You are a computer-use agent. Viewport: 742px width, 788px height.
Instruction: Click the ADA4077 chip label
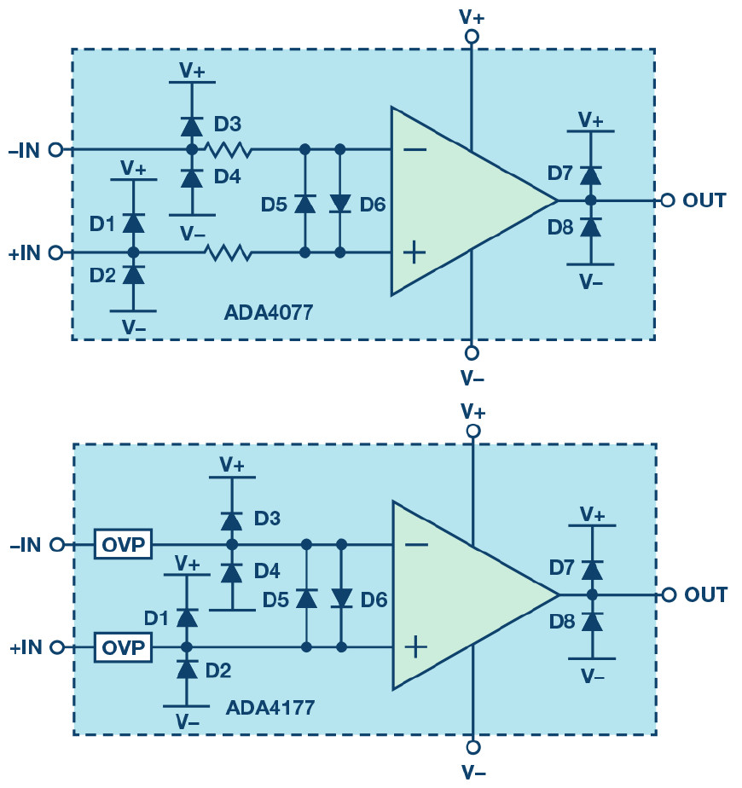269,313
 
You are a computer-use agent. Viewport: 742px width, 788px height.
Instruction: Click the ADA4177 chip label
270,708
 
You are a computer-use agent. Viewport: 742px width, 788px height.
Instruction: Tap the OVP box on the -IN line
123,544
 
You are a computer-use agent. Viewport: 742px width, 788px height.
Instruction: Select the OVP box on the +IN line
123,647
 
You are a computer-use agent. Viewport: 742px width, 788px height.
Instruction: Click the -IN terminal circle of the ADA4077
55,150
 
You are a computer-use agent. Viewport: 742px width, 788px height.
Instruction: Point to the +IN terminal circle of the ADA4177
58,647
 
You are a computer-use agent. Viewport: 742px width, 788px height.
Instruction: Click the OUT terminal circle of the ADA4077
667,200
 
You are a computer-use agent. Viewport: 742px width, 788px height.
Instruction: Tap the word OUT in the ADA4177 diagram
706,595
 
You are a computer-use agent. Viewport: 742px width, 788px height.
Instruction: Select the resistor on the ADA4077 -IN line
227,150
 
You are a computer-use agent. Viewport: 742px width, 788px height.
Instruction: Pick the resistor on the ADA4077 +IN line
227,252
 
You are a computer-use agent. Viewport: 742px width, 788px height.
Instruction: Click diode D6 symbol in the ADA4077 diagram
340,204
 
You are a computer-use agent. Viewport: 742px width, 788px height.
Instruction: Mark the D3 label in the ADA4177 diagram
267,519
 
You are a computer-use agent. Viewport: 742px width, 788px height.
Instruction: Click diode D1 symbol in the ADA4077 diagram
133,223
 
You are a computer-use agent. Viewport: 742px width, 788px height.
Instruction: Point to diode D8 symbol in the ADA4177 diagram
592,622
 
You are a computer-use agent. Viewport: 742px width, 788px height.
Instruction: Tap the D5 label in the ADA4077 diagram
274,205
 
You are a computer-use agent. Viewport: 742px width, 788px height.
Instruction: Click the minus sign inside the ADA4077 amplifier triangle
414,150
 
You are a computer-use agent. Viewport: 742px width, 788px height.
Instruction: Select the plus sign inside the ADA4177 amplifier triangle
415,647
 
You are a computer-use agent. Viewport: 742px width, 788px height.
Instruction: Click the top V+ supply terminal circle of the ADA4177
473,432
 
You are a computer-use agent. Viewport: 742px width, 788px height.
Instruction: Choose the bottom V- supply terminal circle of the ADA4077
472,353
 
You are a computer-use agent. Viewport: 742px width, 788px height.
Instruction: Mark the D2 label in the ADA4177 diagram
218,670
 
